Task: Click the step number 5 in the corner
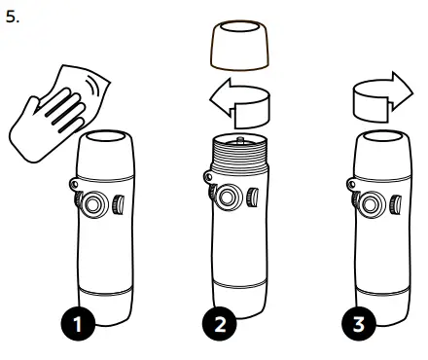click(13, 17)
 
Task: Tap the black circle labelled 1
click(78, 323)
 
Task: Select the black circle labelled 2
click(220, 323)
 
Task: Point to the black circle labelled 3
click(359, 323)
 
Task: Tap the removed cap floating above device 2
click(239, 45)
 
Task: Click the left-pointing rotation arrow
click(240, 103)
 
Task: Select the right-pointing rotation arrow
click(382, 97)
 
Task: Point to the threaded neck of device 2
click(239, 154)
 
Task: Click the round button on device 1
click(93, 204)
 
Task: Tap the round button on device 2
click(229, 197)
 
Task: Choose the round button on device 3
click(370, 204)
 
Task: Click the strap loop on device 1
click(75, 185)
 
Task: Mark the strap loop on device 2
click(209, 177)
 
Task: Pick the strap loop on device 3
click(352, 185)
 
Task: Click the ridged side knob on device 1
click(118, 204)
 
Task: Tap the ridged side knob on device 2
click(253, 197)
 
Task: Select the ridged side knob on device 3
click(396, 204)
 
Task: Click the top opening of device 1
click(105, 136)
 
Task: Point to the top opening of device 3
click(383, 136)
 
